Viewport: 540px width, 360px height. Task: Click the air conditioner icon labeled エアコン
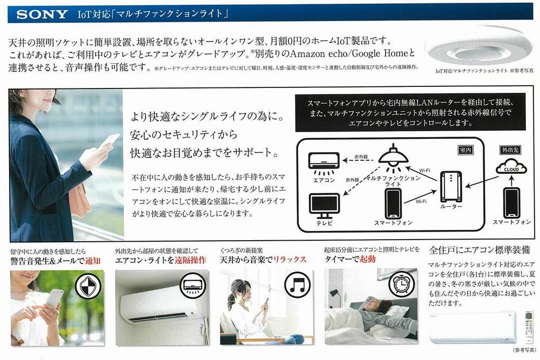[x=324, y=160]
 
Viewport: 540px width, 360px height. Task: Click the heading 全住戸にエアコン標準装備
[x=478, y=251]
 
